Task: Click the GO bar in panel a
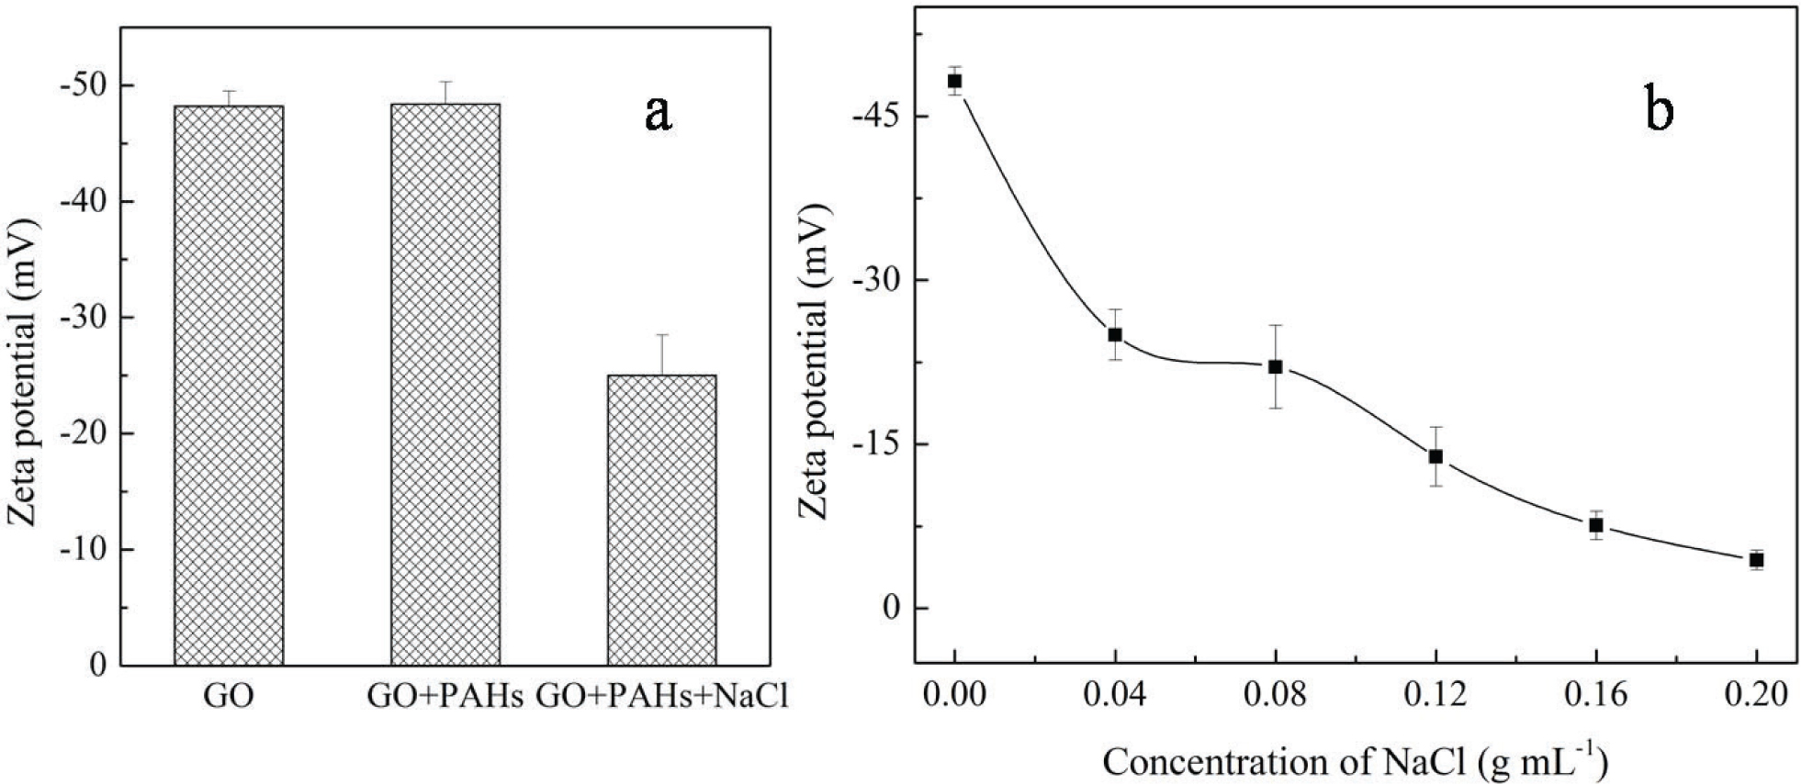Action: coord(228,386)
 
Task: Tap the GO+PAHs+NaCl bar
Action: coord(662,520)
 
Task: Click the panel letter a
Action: coord(658,113)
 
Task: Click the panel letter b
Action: coord(1659,110)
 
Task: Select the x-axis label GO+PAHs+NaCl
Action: coord(662,698)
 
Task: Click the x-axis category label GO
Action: coord(228,698)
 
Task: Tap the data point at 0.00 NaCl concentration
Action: coord(954,81)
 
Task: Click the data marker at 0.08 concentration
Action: coord(1275,366)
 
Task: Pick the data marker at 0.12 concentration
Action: coord(1435,456)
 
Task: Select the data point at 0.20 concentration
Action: coord(1756,560)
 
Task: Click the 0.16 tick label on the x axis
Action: coord(1596,694)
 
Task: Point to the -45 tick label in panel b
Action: coord(877,117)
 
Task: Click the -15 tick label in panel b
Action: coord(877,444)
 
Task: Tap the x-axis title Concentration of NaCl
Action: coord(1355,762)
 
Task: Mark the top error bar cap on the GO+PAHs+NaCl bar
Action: coord(662,335)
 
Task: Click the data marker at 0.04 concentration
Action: coord(1115,334)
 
